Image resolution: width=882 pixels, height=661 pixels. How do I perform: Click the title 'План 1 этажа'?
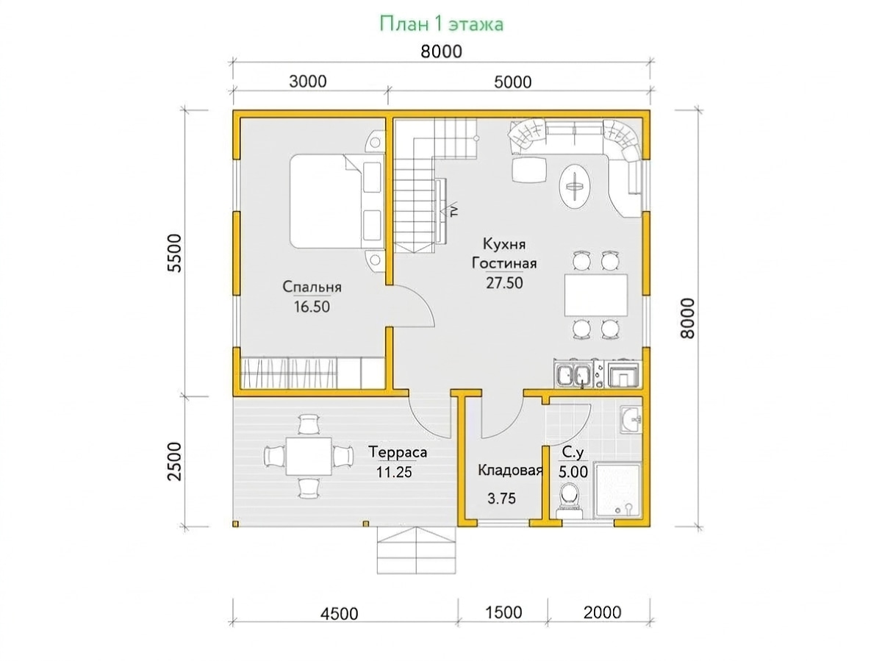[441, 24]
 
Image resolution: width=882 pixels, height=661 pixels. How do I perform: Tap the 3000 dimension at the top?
[308, 82]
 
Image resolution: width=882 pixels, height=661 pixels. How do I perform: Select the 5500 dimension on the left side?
[176, 253]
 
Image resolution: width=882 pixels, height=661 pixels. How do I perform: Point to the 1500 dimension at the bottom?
[503, 612]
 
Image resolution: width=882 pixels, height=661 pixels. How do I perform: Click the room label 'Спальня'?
[312, 287]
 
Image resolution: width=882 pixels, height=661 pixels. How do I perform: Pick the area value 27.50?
[504, 283]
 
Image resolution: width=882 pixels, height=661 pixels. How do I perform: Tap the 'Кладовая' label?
[510, 470]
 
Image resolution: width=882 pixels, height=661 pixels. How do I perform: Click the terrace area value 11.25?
[394, 472]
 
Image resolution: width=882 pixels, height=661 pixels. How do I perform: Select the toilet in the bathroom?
[569, 500]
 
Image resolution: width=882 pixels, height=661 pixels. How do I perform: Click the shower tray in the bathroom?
[617, 491]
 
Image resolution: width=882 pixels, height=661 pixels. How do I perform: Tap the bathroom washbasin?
[631, 420]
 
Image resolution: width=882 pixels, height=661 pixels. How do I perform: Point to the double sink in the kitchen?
[573, 374]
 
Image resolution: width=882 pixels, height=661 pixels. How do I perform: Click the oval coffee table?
[575, 187]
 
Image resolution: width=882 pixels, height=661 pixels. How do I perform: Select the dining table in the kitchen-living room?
[596, 295]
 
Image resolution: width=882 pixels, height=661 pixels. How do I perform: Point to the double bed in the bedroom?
[337, 201]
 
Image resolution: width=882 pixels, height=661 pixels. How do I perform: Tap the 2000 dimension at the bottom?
[602, 612]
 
